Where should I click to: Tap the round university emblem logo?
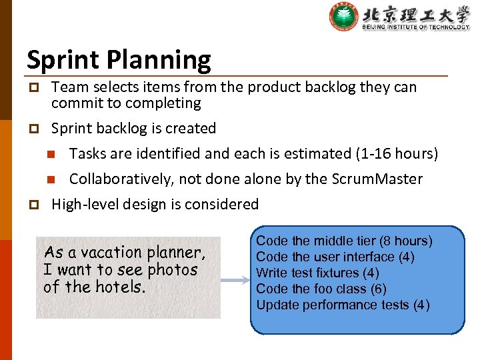344,17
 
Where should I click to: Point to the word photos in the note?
173,270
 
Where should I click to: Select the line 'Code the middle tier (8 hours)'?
344,241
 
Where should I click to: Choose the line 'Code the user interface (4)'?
335,257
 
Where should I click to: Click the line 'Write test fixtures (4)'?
317,273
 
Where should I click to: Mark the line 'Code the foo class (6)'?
321,289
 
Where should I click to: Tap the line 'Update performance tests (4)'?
343,305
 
